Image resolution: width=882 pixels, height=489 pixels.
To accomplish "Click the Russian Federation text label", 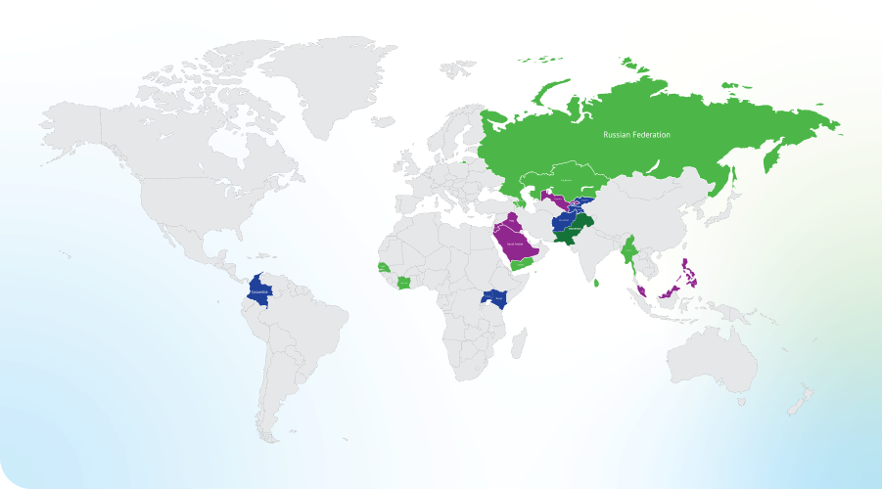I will click(636, 135).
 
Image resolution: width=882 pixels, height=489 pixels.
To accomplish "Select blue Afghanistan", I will click(566, 222).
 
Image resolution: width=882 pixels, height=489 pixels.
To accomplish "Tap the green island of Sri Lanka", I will click(597, 284).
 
